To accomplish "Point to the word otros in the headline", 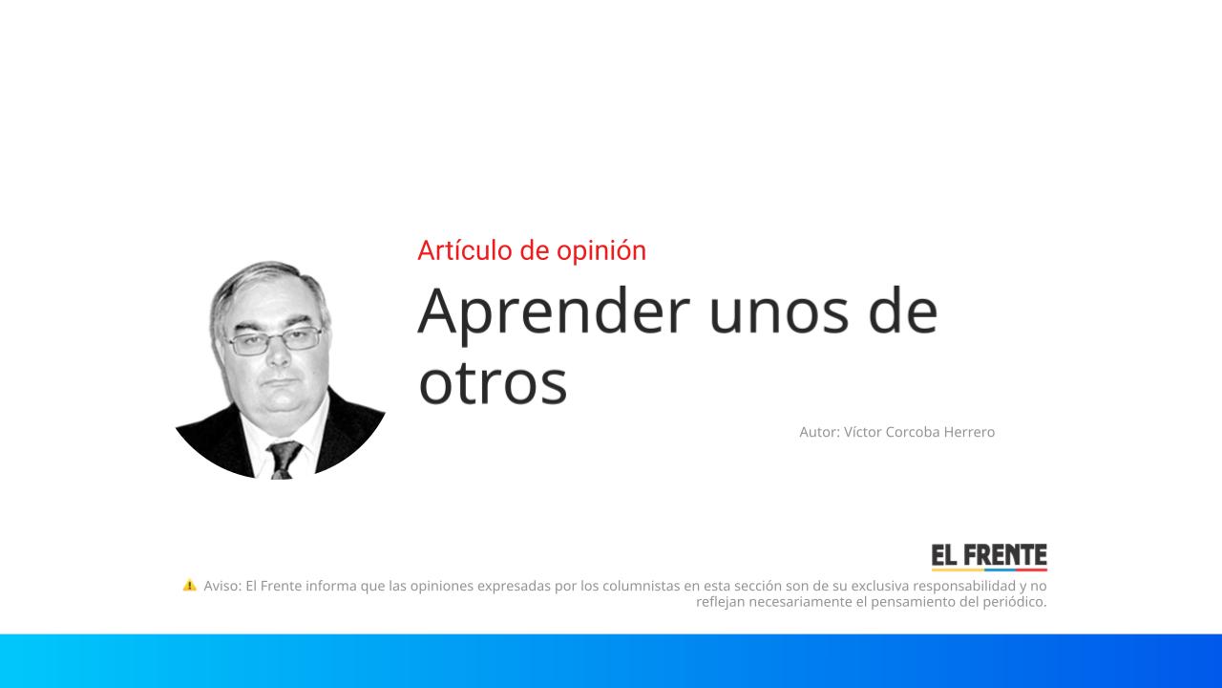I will tap(493, 382).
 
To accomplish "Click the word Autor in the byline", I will tap(819, 432).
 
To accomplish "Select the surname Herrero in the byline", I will tap(969, 432).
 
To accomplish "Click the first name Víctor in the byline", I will tap(863, 432).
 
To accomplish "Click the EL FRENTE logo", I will tap(989, 556).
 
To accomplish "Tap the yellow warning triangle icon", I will tap(189, 585).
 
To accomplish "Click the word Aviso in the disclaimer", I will tap(221, 586).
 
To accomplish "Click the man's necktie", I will tap(284, 459).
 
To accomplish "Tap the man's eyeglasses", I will tap(275, 340).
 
